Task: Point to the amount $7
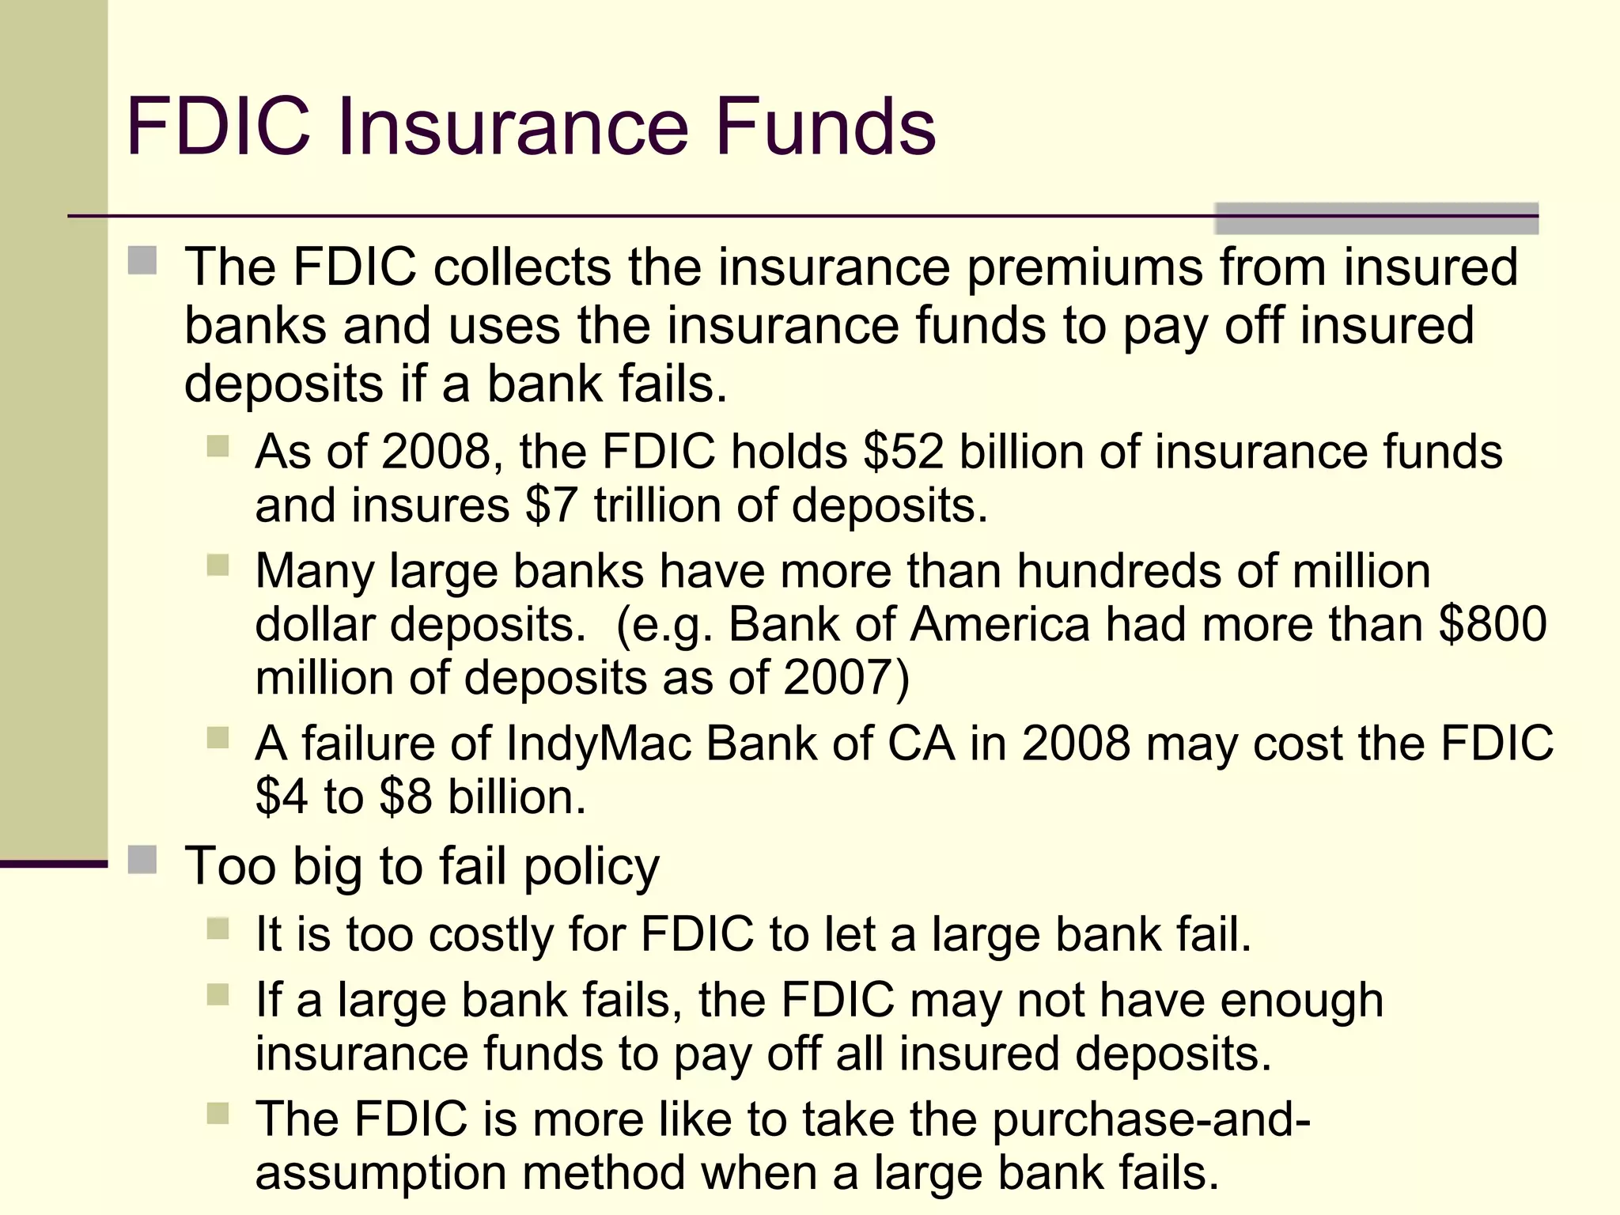[x=551, y=506]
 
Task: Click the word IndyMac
[x=598, y=744]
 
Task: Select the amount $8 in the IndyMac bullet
[x=406, y=797]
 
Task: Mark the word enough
[x=1301, y=1001]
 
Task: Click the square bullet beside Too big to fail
[x=142, y=859]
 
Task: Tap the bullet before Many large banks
[x=218, y=565]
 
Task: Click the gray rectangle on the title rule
[x=1376, y=218]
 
